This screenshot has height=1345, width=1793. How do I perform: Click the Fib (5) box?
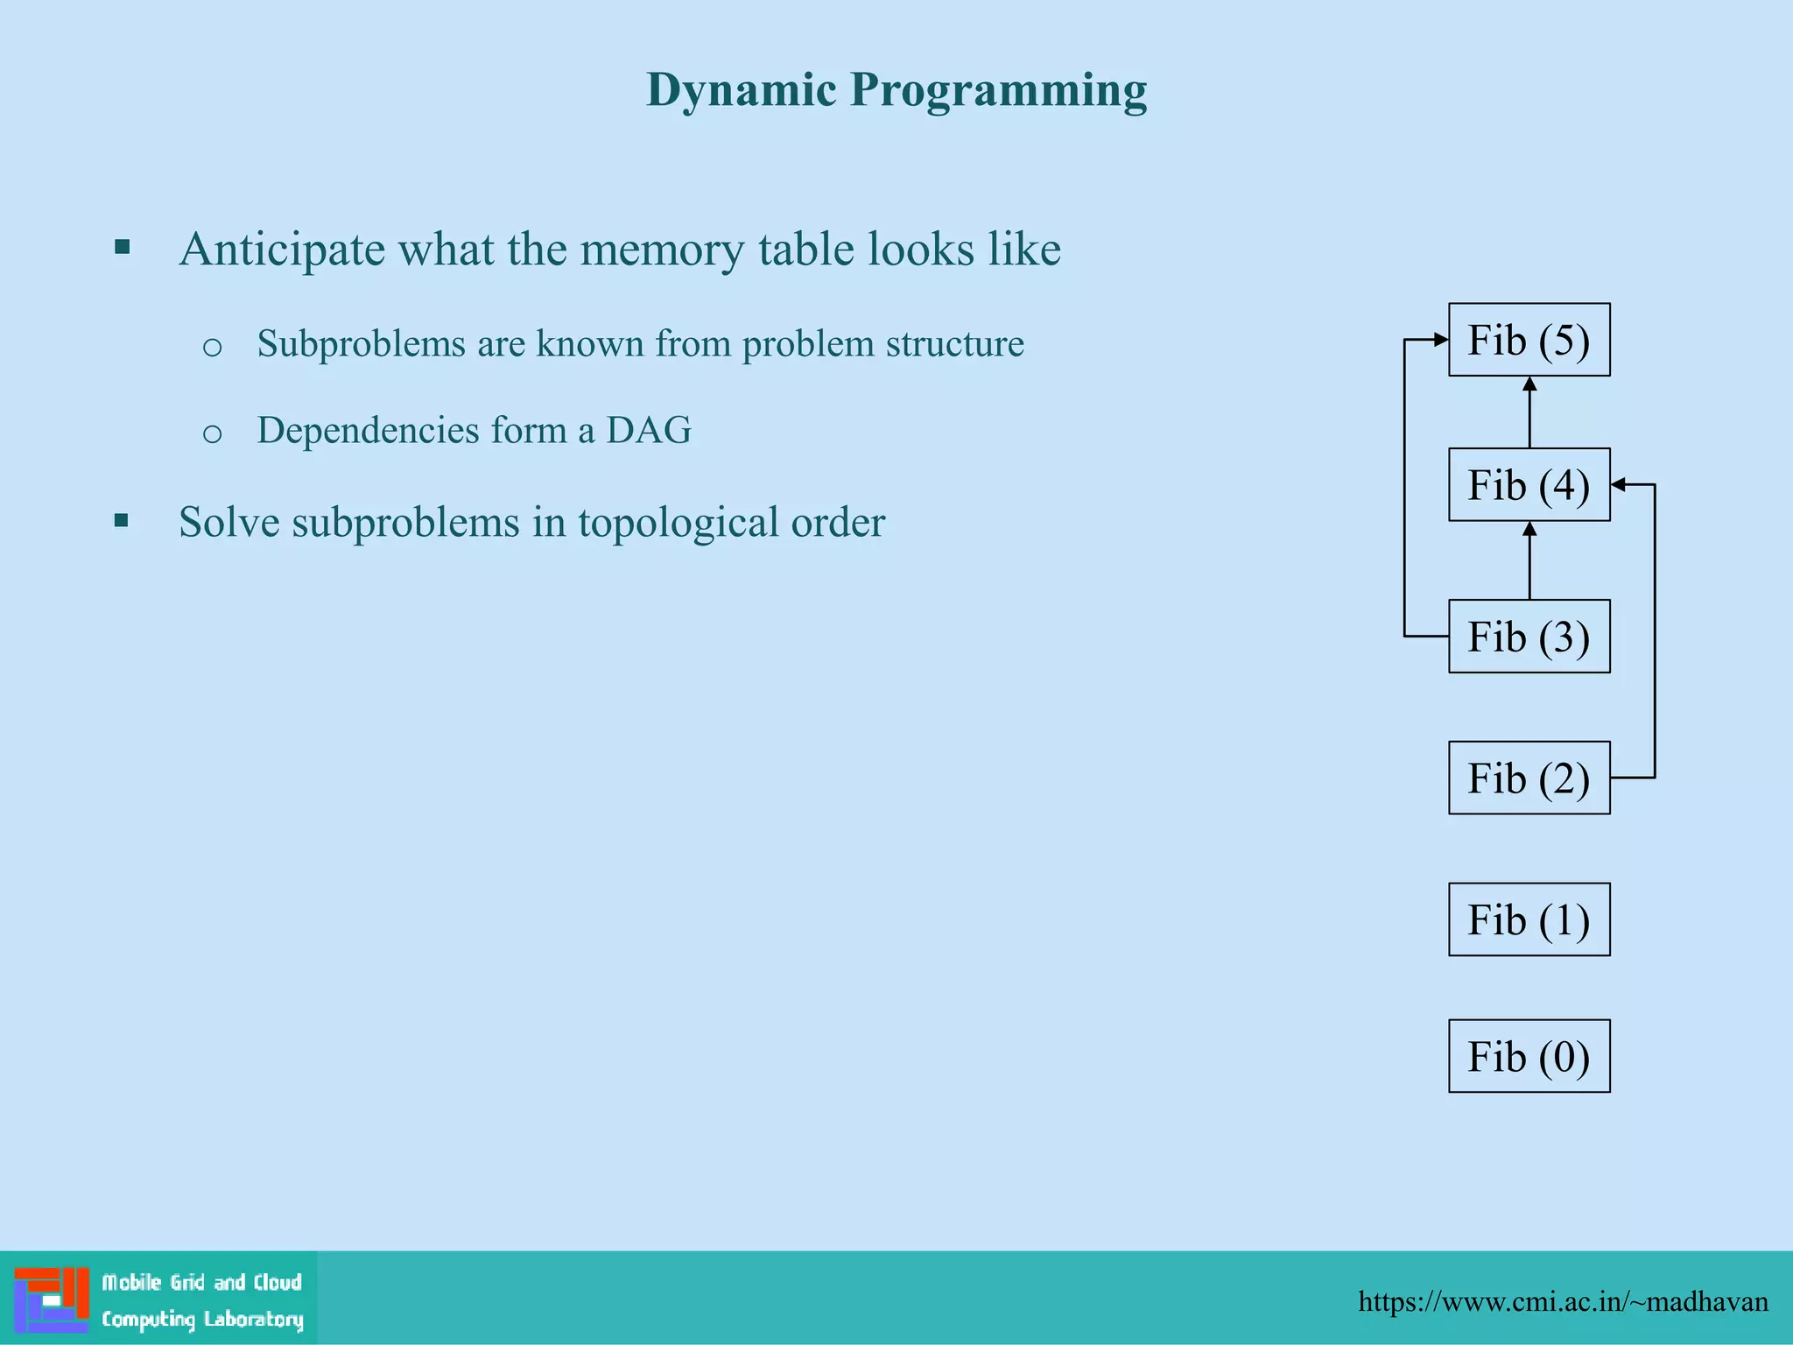tap(1529, 340)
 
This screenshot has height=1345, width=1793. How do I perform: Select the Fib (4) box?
tap(1529, 485)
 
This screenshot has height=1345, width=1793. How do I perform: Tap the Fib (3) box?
tap(1529, 637)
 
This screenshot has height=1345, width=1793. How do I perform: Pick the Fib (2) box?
tap(1529, 778)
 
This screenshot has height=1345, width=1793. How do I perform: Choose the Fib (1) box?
tap(1529, 919)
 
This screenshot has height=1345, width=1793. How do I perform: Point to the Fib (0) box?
tap(1529, 1056)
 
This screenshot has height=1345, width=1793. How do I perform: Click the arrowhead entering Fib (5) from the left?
tap(1440, 340)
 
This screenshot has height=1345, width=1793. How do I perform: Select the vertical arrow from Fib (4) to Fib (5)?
tap(1529, 413)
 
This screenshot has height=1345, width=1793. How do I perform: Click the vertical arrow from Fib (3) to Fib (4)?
tap(1529, 561)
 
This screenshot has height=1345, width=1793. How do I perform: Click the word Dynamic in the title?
tap(742, 90)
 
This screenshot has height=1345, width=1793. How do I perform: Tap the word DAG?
tap(649, 430)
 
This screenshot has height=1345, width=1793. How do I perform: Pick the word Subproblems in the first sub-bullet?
tap(361, 343)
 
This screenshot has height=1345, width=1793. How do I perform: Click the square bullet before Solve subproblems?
tap(122, 522)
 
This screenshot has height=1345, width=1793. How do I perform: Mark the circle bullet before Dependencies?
tap(212, 433)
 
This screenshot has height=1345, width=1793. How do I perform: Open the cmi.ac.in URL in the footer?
tap(1563, 1301)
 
